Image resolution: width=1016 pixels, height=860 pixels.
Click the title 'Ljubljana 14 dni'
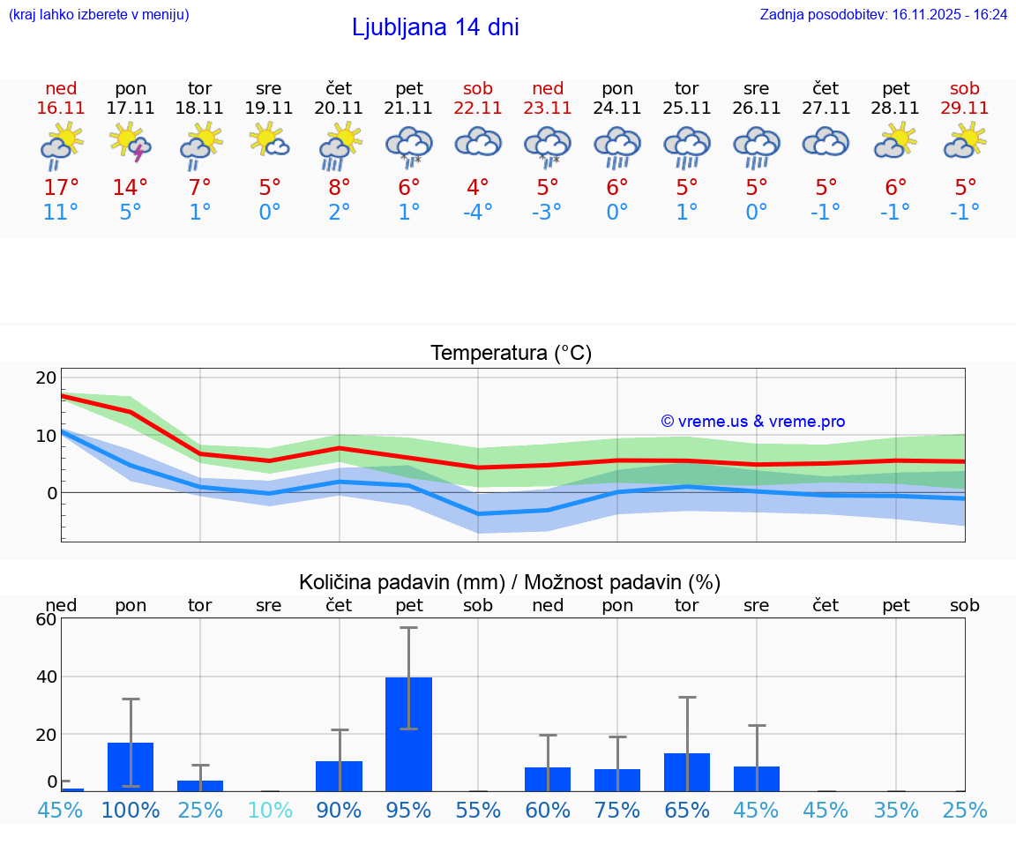(435, 27)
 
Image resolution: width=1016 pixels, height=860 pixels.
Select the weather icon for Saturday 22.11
(478, 144)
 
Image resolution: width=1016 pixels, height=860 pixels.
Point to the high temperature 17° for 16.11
(61, 187)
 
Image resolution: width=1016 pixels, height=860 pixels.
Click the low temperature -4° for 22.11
(478, 213)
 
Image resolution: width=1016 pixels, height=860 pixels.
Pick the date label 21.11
(408, 108)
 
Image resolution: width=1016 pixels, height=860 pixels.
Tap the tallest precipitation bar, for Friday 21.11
(408, 734)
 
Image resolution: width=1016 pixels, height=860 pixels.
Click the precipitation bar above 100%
(131, 767)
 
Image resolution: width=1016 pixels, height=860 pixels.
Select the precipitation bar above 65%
(687, 772)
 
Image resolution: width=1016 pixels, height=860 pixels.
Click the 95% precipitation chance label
(408, 811)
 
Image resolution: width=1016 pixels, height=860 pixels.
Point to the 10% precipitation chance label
(269, 811)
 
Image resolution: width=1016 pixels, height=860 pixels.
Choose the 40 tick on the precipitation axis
(46, 677)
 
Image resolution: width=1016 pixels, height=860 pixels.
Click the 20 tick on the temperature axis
(46, 378)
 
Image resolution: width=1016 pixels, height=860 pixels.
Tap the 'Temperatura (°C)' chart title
(511, 354)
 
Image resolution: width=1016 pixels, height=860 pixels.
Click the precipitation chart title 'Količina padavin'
(510, 582)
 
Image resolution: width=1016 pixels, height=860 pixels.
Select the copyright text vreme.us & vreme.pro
(753, 422)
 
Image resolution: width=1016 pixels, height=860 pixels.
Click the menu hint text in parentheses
(98, 14)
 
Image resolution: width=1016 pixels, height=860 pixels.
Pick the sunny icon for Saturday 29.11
(965, 143)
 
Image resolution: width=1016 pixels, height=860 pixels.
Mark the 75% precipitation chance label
(617, 811)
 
